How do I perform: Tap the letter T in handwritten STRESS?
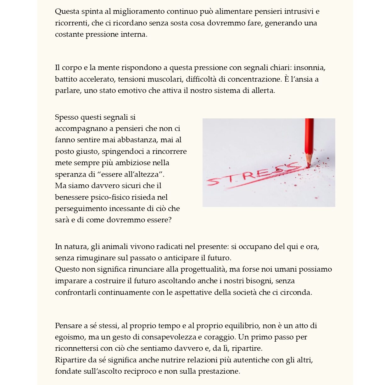[x=231, y=178]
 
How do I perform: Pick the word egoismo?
[x=70, y=337]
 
